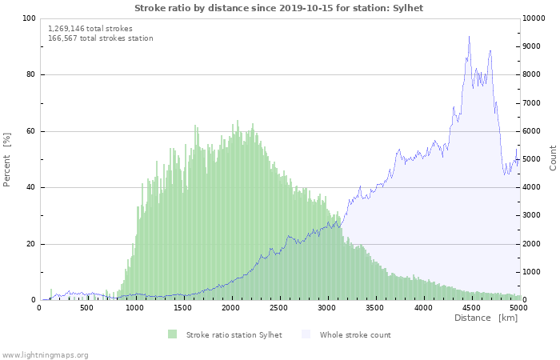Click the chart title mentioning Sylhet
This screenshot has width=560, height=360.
278,8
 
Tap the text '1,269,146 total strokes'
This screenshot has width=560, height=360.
90,28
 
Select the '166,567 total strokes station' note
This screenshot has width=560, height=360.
100,38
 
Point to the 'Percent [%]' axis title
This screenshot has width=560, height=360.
7,159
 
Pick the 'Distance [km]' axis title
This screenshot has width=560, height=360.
486,318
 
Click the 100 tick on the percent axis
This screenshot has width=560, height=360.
29,18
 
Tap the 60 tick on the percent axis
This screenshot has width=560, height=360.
31,131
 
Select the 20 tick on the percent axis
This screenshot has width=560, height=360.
31,244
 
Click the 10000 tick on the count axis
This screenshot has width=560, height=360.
536,18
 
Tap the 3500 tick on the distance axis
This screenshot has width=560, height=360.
375,307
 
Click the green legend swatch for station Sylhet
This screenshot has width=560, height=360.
173,334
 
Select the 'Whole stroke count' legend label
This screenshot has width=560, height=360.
355,334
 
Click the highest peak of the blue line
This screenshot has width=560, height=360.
469,36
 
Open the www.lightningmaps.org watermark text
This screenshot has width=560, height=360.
46,354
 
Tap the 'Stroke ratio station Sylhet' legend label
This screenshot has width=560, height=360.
234,334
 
